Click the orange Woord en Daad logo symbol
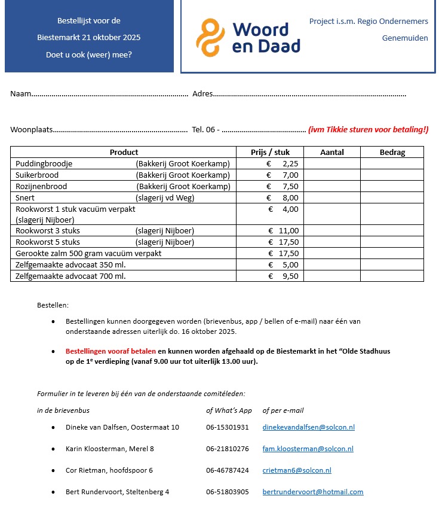(x=210, y=37)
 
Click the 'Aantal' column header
(x=332, y=152)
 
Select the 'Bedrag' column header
(x=392, y=152)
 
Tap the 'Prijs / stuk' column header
(x=270, y=152)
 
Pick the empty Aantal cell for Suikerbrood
(x=332, y=175)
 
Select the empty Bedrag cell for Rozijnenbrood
(x=392, y=186)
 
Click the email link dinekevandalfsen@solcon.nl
(x=308, y=427)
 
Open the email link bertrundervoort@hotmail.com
(x=312, y=492)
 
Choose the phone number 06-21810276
(x=227, y=449)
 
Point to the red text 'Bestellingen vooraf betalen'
(x=110, y=351)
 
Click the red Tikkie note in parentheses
(x=368, y=129)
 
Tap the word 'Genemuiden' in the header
(x=405, y=38)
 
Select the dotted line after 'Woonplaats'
(x=120, y=129)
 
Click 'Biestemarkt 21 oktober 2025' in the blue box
(x=89, y=38)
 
